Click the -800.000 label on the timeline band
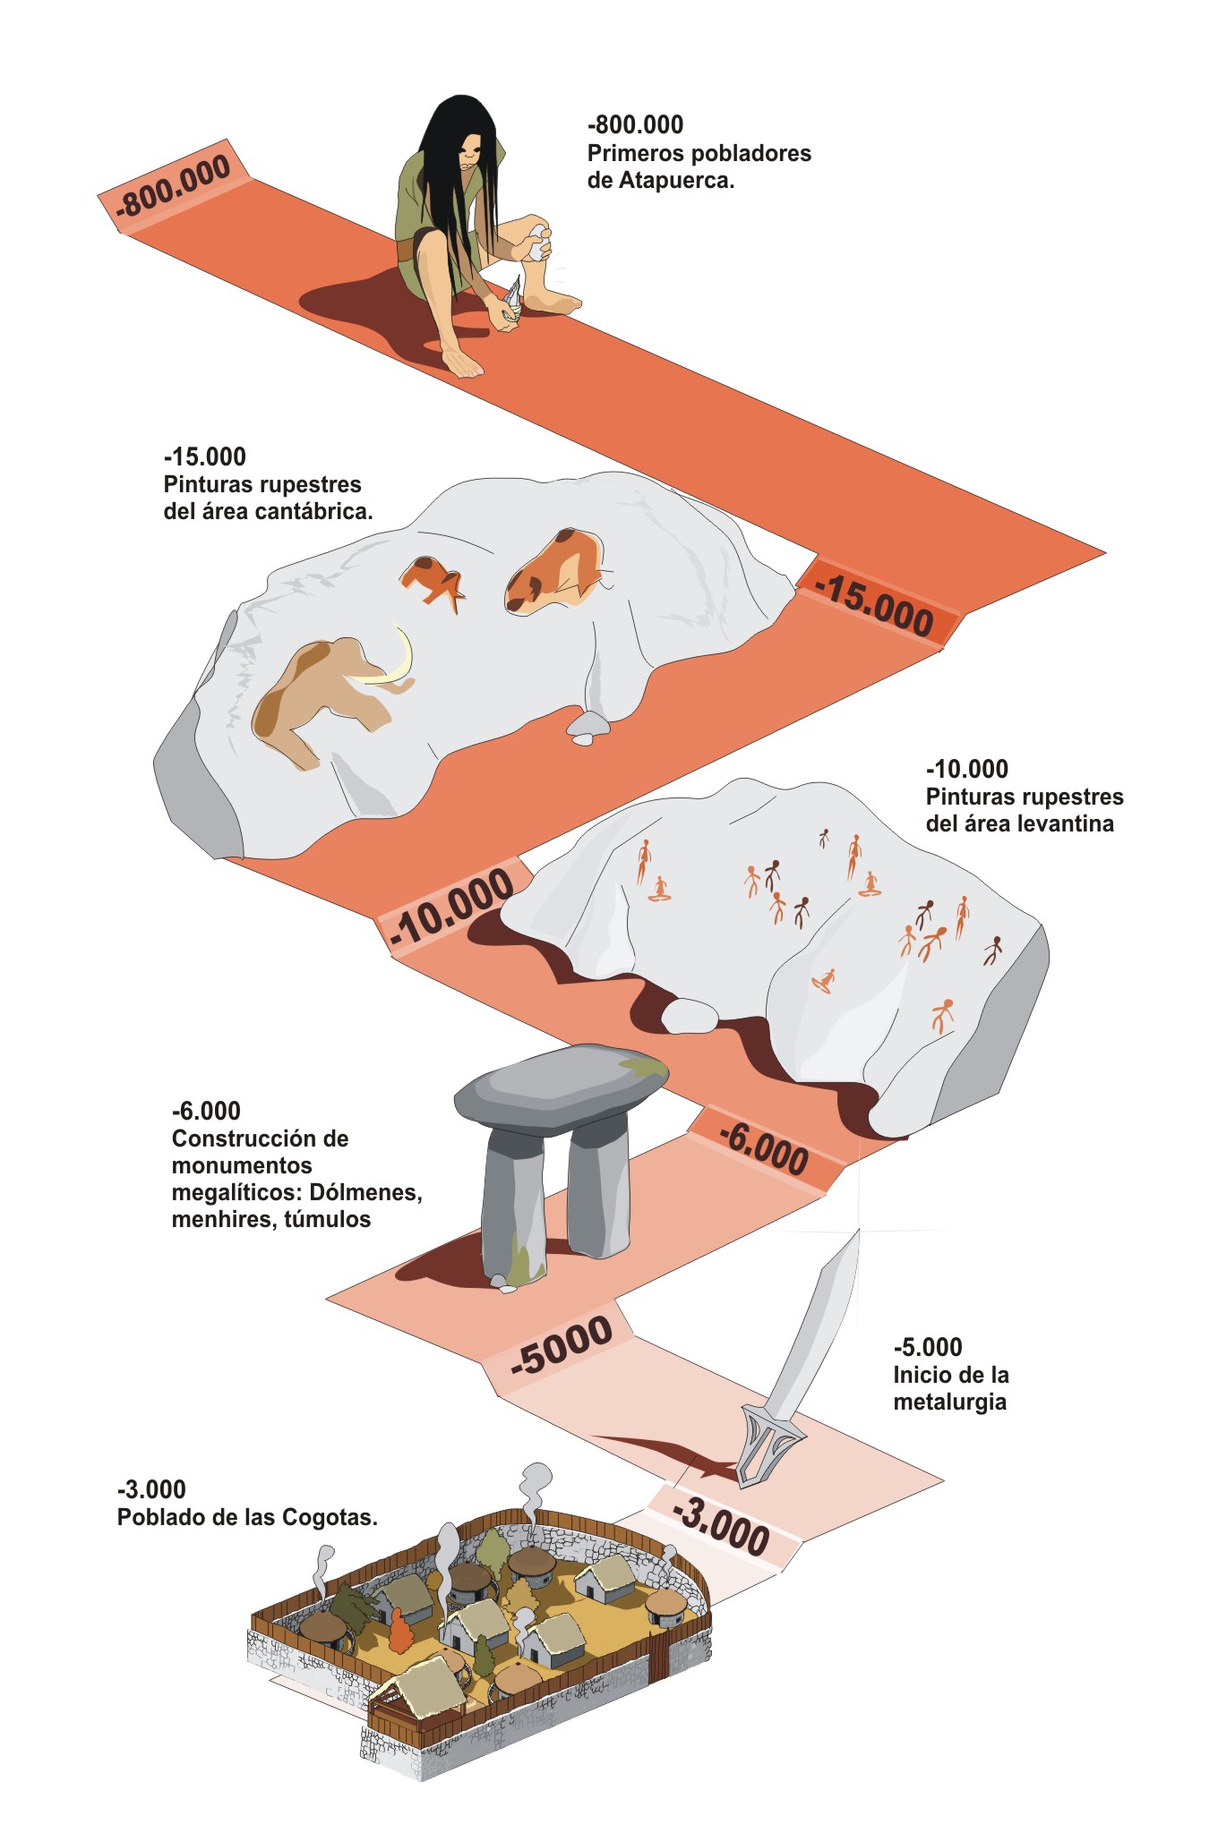(174, 185)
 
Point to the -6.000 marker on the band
(764, 1147)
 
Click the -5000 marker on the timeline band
(562, 1345)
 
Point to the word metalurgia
(949, 1402)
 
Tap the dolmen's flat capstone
(561, 1087)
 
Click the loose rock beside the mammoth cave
(588, 727)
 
